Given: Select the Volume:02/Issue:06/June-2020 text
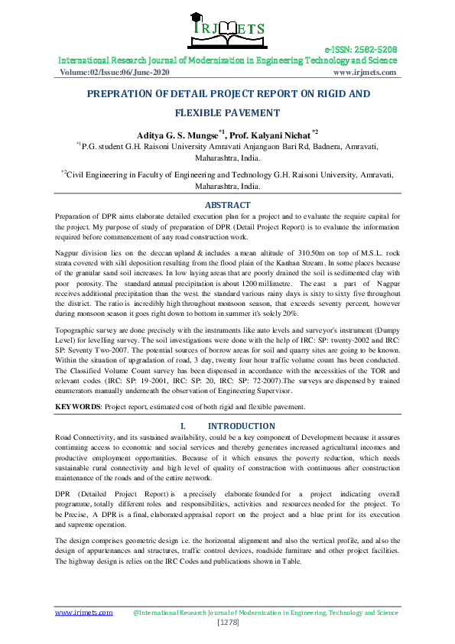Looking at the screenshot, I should (115, 72).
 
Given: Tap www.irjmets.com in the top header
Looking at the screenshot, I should (366, 72).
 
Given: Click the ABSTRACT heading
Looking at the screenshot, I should (227, 205).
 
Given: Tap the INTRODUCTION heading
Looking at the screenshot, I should (242, 425).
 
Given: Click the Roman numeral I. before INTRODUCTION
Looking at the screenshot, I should (183, 425).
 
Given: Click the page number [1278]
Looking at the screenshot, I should (227, 623).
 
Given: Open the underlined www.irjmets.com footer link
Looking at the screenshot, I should (83, 613).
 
